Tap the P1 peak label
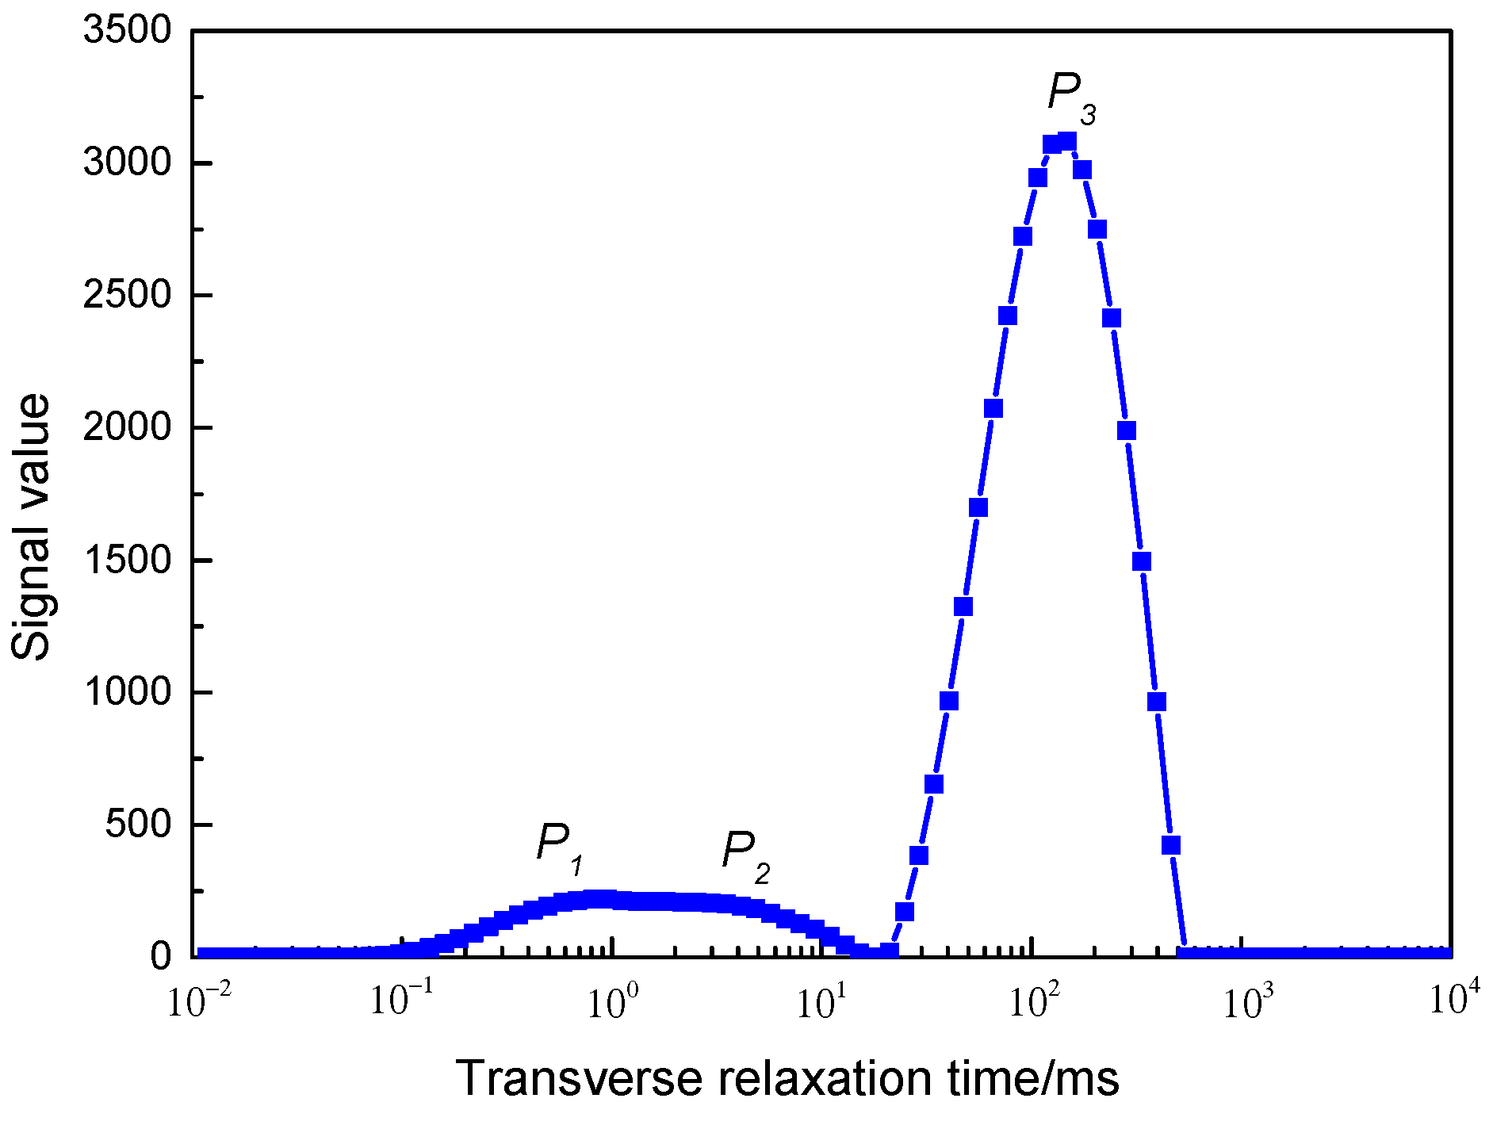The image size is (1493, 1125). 560,848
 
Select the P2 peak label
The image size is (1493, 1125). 745,856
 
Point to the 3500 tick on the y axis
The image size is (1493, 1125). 128,31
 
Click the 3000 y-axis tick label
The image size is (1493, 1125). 128,163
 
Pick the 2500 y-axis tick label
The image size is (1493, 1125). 128,296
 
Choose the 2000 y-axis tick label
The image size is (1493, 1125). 128,428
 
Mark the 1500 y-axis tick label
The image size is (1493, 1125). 128,561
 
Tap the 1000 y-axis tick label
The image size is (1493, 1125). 128,693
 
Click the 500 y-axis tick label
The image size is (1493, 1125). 139,825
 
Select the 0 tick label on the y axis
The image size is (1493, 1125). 161,957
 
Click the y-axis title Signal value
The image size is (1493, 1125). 32,527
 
